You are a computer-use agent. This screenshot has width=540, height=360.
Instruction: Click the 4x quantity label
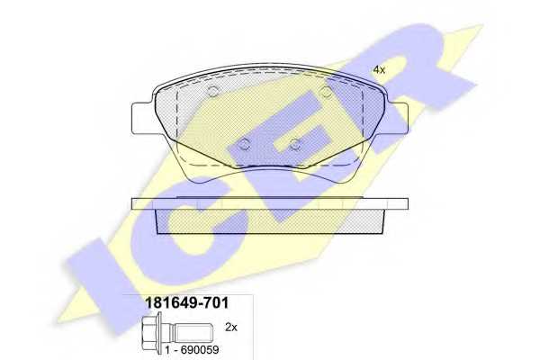379,69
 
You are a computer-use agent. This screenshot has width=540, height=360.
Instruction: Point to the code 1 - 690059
192,346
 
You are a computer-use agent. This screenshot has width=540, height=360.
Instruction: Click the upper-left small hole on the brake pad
213,92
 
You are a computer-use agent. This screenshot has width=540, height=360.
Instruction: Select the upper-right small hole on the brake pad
327,92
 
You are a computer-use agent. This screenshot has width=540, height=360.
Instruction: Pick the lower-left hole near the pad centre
244,143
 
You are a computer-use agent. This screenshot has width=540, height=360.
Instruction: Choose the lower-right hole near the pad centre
294,143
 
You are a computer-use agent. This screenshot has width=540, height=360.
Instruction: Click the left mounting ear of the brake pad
144,118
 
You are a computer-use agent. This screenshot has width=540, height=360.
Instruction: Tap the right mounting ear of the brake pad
397,118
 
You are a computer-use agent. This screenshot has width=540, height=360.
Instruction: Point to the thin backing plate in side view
270,204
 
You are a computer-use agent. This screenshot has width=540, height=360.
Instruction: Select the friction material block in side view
270,221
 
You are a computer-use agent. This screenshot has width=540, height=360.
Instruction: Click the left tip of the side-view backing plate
135,204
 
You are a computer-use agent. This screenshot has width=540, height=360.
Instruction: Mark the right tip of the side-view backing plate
405,204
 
